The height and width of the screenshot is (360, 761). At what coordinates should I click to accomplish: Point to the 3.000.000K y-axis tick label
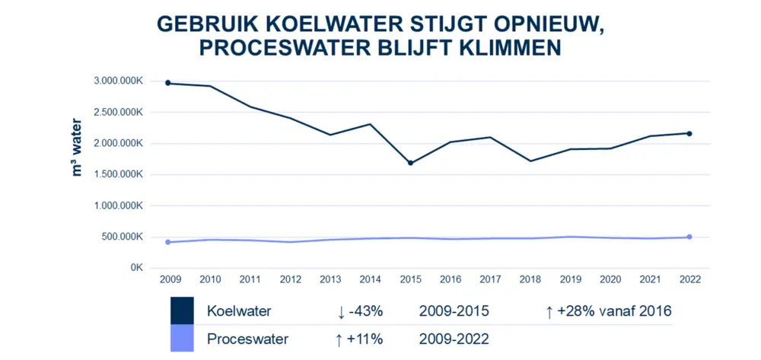tap(118, 81)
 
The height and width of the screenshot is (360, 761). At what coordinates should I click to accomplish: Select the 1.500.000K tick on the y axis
tap(118, 174)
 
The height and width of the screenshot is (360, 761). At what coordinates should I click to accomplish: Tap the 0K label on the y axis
tap(135, 268)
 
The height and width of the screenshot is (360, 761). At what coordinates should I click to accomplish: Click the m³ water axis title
tap(77, 147)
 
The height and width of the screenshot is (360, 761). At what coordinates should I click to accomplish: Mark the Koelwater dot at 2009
tap(167, 83)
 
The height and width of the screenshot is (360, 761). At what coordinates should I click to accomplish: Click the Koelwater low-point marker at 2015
tap(411, 163)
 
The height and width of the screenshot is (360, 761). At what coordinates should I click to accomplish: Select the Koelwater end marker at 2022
tap(689, 133)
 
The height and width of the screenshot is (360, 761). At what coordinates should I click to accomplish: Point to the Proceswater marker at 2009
tap(167, 242)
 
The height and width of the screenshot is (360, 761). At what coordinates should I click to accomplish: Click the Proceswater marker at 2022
tap(689, 237)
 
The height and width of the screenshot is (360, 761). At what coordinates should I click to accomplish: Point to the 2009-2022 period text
tap(454, 339)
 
